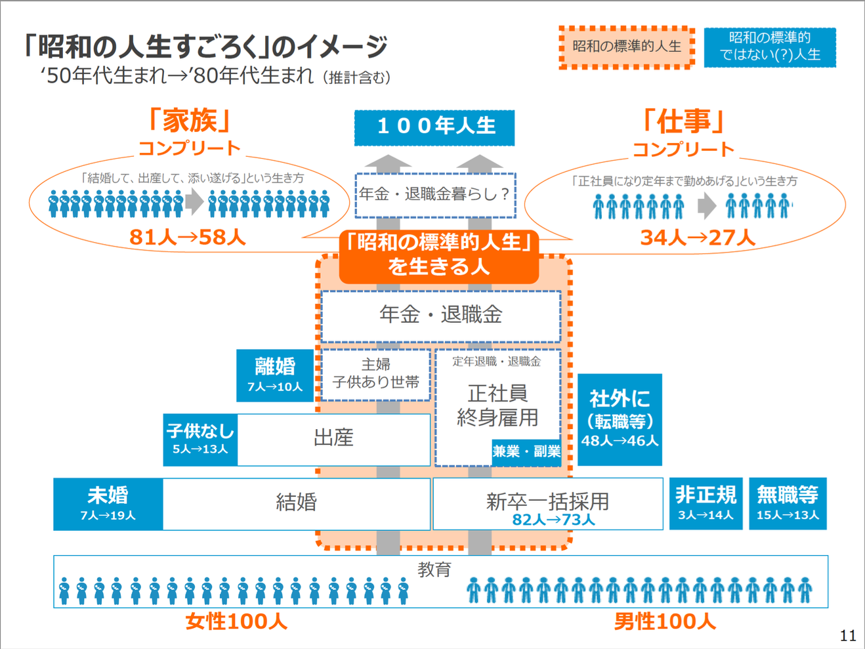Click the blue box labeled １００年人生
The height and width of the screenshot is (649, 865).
(x=434, y=127)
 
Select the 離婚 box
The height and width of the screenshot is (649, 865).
(x=275, y=375)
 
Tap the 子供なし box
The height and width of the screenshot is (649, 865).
(x=200, y=439)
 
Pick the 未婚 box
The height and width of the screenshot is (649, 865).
(x=108, y=503)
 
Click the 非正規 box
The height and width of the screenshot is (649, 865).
(x=706, y=503)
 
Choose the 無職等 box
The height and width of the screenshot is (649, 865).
(x=788, y=503)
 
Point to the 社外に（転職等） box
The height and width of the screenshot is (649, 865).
(x=620, y=419)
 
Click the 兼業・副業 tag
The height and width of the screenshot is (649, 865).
(x=526, y=451)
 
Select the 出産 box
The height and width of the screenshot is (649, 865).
(x=333, y=439)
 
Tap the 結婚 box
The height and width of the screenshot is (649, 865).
(x=296, y=503)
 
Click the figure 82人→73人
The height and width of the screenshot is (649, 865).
(x=553, y=520)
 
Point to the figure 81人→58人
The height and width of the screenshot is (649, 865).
(x=188, y=237)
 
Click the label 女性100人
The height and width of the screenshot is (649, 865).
(x=236, y=621)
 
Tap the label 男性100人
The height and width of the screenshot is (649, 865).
(x=664, y=621)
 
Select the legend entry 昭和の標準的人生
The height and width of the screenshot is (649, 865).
(x=627, y=47)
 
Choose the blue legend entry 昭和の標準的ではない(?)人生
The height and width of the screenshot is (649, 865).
(x=770, y=47)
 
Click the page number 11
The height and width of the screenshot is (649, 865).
(x=848, y=635)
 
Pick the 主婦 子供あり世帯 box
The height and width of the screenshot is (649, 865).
(x=375, y=374)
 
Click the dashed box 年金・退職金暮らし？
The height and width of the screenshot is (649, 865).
(x=435, y=195)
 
